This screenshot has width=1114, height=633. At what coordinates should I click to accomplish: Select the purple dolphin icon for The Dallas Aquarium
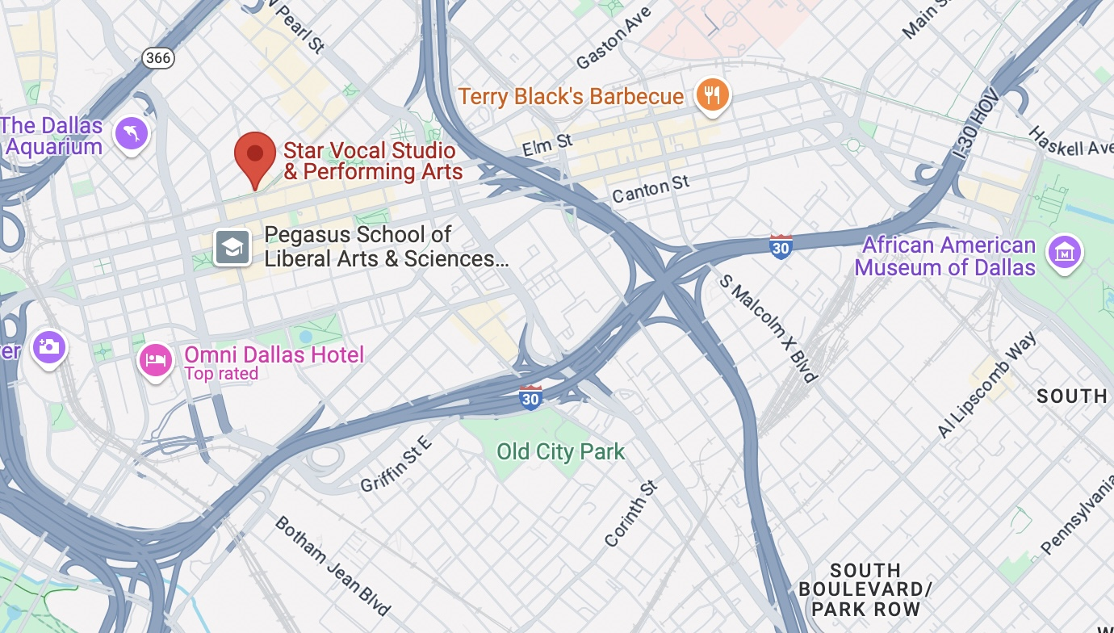pyautogui.click(x=131, y=133)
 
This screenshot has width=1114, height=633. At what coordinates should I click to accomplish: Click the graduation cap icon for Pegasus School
pyautogui.click(x=232, y=247)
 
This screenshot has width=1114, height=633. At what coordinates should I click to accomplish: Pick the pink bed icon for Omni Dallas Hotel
pyautogui.click(x=156, y=359)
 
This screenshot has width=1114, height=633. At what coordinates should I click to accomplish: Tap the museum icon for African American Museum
pyautogui.click(x=1065, y=254)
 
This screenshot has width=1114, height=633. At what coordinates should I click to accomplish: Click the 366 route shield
pyautogui.click(x=157, y=57)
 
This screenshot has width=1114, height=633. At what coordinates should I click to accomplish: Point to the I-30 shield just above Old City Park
pyautogui.click(x=530, y=397)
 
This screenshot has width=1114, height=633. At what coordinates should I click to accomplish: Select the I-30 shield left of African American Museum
pyautogui.click(x=781, y=246)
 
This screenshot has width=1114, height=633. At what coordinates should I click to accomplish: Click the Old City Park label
pyautogui.click(x=560, y=451)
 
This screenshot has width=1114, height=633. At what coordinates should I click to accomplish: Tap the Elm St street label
pyautogui.click(x=547, y=145)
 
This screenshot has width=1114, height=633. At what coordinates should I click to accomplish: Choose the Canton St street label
pyautogui.click(x=651, y=190)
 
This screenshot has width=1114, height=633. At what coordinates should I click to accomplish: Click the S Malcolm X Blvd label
pyautogui.click(x=769, y=327)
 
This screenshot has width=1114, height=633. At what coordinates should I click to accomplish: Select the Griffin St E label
pyautogui.click(x=396, y=463)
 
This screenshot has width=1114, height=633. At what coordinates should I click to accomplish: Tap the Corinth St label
pyautogui.click(x=631, y=514)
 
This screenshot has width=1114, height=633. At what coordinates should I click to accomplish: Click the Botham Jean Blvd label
pyautogui.click(x=333, y=565)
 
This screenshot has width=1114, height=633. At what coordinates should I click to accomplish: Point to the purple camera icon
pyautogui.click(x=48, y=348)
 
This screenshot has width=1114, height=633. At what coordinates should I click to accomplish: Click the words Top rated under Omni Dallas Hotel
pyautogui.click(x=221, y=374)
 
